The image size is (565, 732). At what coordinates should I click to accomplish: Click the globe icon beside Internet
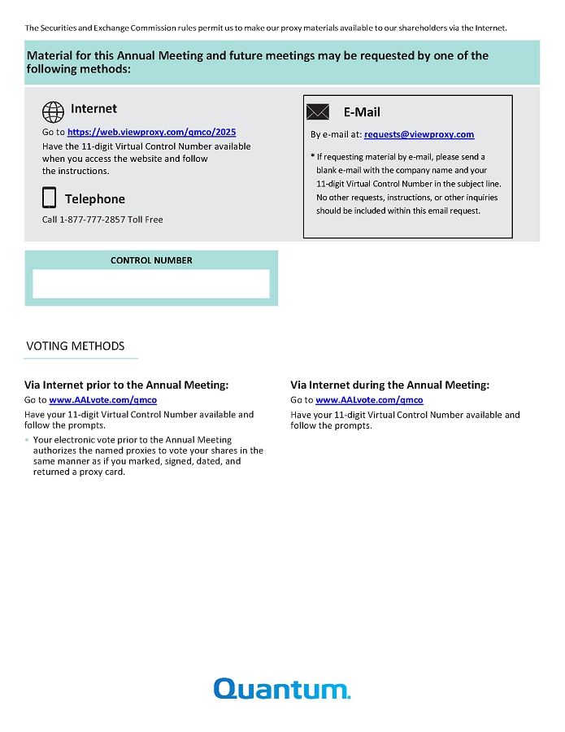click(x=53, y=111)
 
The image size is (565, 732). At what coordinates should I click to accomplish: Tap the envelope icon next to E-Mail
click(x=317, y=112)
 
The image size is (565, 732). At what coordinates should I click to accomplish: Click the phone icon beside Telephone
click(x=50, y=198)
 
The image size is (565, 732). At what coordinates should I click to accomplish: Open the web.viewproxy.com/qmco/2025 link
click(x=151, y=132)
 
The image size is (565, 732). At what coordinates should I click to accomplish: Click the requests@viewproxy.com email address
click(x=419, y=135)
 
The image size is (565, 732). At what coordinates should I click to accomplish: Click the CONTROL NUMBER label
click(x=151, y=261)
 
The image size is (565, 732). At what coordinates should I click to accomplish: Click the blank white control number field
click(x=151, y=284)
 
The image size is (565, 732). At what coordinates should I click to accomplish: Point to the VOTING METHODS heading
click(x=76, y=346)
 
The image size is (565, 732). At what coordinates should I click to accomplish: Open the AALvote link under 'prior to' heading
click(x=102, y=400)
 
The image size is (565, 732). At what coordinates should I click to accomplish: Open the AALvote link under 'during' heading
click(x=369, y=400)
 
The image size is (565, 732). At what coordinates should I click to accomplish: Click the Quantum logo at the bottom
click(x=281, y=689)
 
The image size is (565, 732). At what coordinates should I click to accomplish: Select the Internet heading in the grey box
click(x=93, y=109)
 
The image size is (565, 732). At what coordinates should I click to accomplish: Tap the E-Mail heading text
click(x=362, y=112)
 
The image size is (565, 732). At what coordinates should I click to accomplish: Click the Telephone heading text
click(x=95, y=199)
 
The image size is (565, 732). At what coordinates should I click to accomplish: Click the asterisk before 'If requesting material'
click(x=312, y=156)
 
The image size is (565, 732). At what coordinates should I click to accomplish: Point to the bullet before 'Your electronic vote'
click(x=27, y=440)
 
